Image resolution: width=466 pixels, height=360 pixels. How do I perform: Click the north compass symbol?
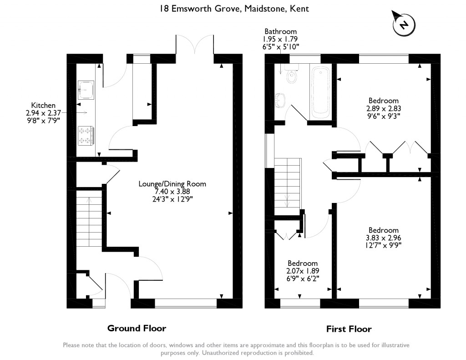(404, 24)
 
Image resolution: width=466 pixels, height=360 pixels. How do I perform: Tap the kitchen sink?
(86, 90)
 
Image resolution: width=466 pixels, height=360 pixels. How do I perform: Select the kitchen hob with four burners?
(86, 136)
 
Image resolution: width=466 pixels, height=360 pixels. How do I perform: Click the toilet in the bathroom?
(292, 76)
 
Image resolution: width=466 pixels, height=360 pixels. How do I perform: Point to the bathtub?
(320, 91)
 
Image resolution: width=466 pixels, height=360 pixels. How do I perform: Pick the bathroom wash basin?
(280, 100)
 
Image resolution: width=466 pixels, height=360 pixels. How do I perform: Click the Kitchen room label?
(43, 105)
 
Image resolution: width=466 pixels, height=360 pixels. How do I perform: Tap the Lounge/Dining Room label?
(172, 184)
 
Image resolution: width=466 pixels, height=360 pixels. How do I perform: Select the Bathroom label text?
(280, 31)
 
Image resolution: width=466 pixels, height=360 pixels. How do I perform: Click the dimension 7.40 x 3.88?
(172, 192)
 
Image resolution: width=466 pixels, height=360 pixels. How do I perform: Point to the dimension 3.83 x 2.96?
(383, 238)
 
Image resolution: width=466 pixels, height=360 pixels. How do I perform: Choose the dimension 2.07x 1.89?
(303, 271)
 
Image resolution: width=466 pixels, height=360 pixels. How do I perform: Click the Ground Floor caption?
(137, 328)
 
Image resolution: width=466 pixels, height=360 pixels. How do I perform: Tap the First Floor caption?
(349, 329)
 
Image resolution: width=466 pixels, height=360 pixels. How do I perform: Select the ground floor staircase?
(89, 222)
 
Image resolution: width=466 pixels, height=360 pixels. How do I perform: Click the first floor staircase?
(288, 187)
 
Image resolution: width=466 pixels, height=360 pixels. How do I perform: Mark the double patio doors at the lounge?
(195, 44)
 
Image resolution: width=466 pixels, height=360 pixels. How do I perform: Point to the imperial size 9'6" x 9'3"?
(383, 116)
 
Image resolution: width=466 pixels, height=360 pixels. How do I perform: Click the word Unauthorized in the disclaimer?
(222, 353)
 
